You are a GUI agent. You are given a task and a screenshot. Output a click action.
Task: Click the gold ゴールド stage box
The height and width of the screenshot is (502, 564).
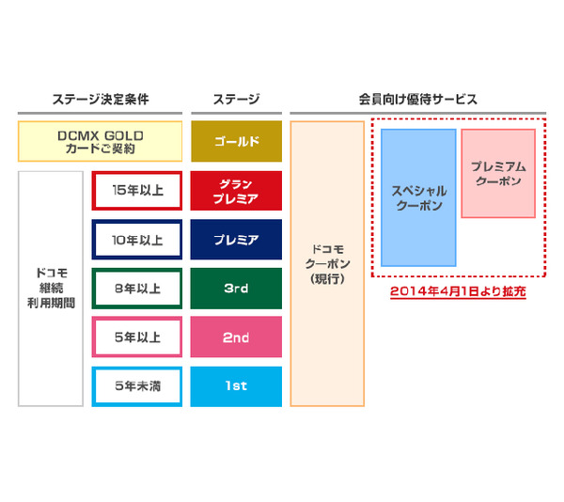236,141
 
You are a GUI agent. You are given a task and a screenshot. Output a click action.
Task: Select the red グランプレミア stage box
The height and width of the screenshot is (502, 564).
236,191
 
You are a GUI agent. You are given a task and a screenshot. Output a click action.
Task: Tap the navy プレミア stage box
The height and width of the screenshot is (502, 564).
236,240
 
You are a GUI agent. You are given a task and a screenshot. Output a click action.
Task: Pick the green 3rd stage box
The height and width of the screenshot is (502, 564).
236,289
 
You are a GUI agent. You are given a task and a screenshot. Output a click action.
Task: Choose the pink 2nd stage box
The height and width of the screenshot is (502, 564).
236,337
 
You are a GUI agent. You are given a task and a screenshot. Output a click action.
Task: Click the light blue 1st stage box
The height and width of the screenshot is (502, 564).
236,386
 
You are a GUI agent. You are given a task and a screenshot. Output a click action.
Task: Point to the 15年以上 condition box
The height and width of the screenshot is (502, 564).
137,191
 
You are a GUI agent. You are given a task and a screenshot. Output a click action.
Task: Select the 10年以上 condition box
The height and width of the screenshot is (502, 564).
137,240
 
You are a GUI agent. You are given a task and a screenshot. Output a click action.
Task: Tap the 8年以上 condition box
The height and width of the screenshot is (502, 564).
137,289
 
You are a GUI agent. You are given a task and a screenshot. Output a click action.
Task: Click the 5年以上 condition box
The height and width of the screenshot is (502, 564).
137,337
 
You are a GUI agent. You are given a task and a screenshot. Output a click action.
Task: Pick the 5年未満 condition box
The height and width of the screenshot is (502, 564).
137,386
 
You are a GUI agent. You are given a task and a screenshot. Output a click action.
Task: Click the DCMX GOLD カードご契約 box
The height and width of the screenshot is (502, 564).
100,141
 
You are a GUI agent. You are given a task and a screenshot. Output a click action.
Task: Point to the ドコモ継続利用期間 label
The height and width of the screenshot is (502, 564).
51,288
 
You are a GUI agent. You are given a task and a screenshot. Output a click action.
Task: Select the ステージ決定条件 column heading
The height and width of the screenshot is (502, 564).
101,100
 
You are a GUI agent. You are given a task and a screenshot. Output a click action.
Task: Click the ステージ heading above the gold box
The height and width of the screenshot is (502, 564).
236,100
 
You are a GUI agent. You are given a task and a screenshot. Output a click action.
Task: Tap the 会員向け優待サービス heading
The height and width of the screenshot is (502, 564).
418,100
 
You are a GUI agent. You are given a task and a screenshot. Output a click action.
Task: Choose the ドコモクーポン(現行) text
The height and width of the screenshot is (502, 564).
327,264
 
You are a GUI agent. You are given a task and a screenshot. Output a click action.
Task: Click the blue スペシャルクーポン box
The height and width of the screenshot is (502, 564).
418,197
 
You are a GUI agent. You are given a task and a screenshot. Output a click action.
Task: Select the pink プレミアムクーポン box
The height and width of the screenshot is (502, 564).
498,173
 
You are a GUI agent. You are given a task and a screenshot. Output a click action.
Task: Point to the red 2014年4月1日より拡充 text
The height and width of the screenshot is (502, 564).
458,291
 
